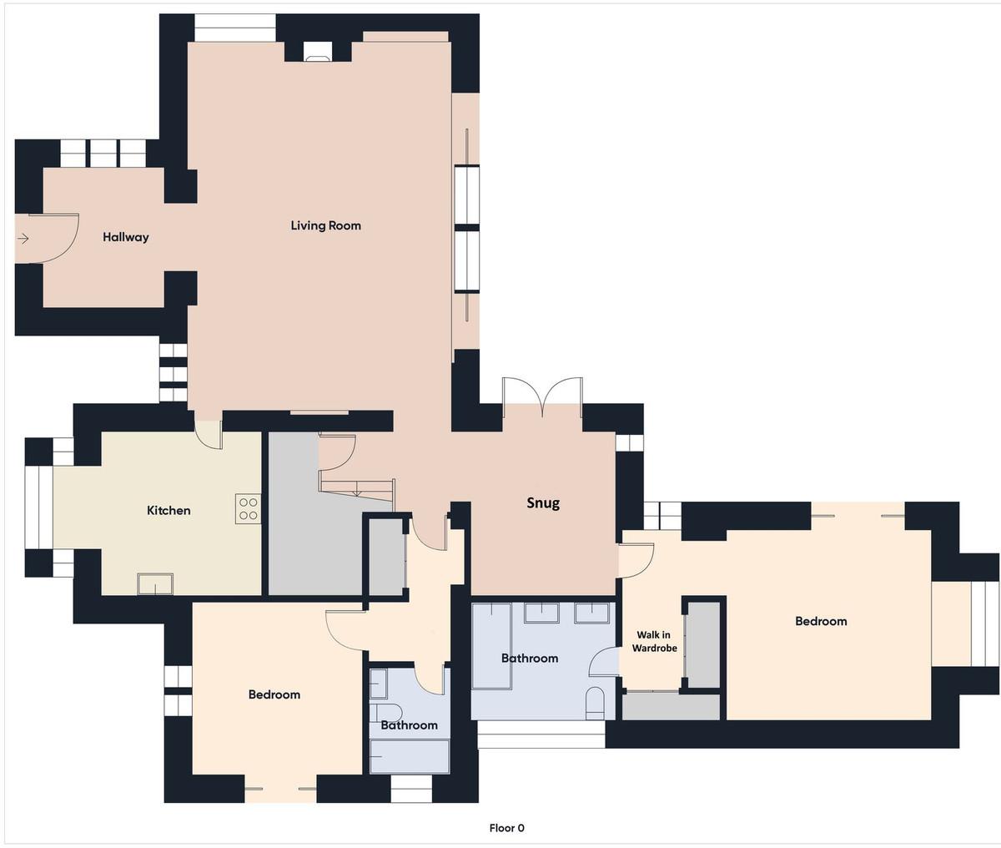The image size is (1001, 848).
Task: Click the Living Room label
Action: (x=325, y=225)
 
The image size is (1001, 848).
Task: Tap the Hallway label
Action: (x=125, y=237)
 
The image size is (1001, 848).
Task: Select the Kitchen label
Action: (x=169, y=510)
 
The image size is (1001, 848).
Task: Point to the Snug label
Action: (x=543, y=503)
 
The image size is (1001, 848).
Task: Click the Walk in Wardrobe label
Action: (x=654, y=641)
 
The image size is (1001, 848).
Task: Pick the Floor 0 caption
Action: (x=506, y=828)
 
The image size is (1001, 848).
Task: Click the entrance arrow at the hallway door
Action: (x=23, y=239)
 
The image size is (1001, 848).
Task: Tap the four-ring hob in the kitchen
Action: (x=248, y=508)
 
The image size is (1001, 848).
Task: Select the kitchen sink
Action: (x=155, y=583)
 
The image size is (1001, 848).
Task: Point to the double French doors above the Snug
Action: (x=542, y=391)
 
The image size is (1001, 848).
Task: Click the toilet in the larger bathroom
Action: (x=595, y=703)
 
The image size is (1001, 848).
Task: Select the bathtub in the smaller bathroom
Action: (x=410, y=756)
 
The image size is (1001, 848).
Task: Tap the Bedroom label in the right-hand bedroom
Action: (x=821, y=621)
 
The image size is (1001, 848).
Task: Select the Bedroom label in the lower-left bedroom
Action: (x=274, y=694)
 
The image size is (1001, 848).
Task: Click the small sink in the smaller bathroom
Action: (x=378, y=684)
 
